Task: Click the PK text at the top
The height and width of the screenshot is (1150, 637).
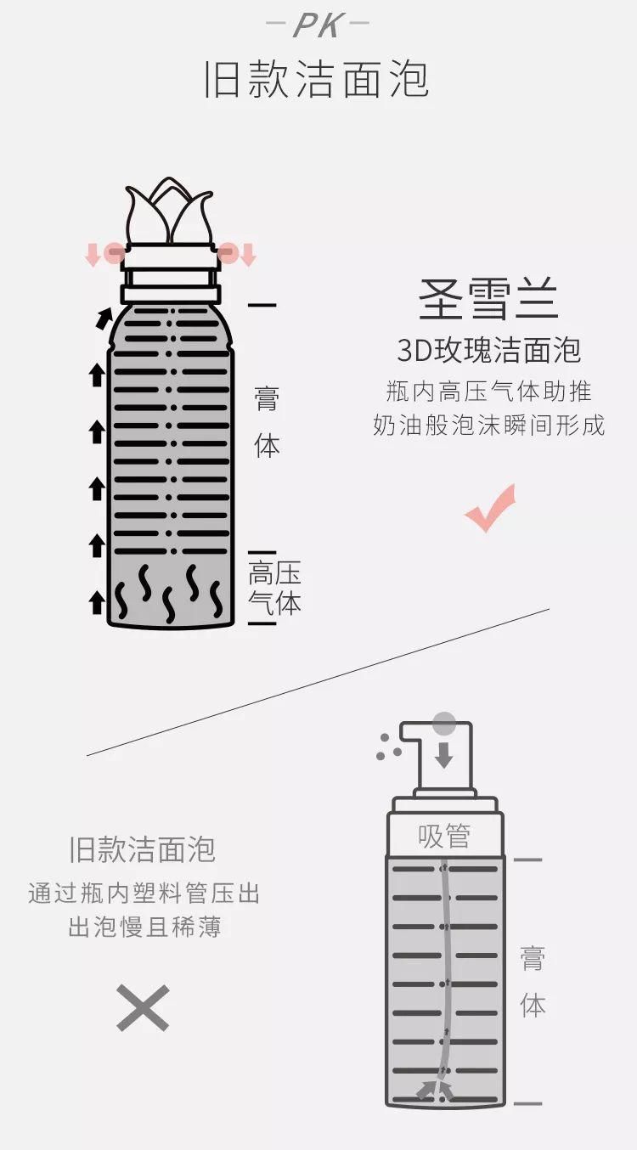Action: [318, 25]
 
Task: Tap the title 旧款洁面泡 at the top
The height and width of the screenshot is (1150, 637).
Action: [317, 80]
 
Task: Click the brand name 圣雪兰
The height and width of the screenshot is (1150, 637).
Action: [488, 299]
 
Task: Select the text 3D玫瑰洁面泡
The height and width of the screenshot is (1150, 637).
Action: [488, 350]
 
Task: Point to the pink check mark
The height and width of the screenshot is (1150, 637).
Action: [490, 509]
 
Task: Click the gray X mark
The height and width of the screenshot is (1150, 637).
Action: [143, 1008]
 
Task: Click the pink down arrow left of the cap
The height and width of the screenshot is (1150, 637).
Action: [93, 254]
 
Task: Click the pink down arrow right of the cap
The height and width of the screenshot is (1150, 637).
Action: [247, 254]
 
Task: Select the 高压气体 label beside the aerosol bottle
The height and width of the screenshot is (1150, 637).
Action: [274, 588]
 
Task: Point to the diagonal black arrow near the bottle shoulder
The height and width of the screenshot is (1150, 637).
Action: [103, 319]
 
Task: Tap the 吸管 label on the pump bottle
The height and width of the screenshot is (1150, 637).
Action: [443, 837]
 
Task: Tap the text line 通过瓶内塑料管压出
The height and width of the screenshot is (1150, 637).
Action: [144, 894]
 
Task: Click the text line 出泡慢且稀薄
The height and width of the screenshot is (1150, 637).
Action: [144, 927]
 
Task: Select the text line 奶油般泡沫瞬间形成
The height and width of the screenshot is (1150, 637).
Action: [488, 426]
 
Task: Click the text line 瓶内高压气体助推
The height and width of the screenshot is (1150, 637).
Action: [488, 392]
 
